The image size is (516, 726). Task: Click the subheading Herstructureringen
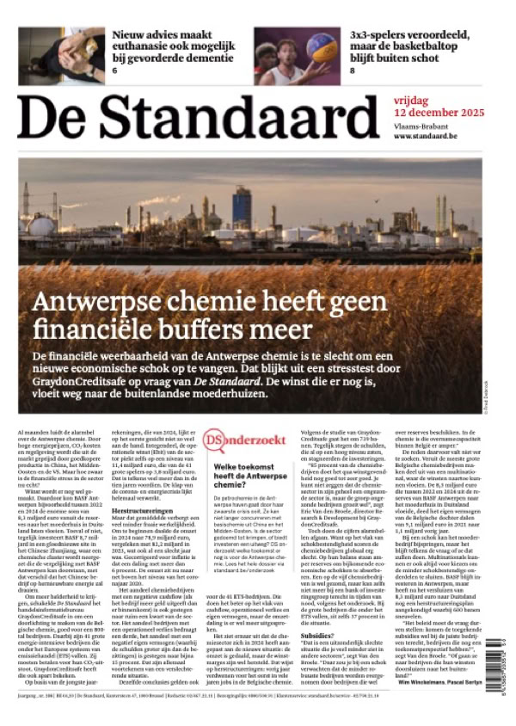pos(138,511)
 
